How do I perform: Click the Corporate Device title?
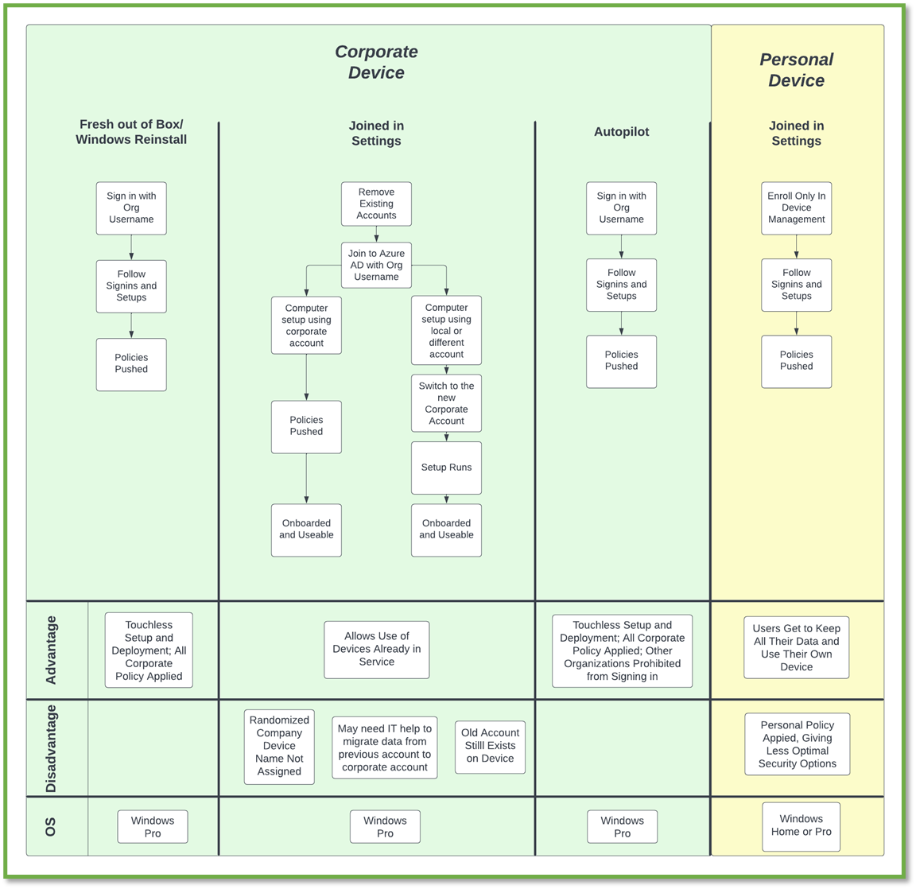[x=376, y=62]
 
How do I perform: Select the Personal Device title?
[x=796, y=70]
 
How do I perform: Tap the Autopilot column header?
[x=621, y=132]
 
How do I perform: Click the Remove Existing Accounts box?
[x=376, y=204]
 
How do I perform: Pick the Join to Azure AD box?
[x=376, y=265]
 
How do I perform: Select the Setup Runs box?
[x=446, y=468]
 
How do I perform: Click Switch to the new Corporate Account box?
[x=446, y=403]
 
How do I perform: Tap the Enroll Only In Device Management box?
[x=796, y=208]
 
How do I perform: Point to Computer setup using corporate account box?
[x=306, y=325]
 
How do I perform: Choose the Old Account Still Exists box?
[x=490, y=746]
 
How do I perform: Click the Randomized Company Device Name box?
[x=279, y=746]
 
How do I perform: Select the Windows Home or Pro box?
[x=801, y=825]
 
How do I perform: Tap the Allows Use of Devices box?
[x=376, y=649]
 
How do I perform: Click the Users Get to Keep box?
[x=796, y=647]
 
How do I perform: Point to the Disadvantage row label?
[x=52, y=748]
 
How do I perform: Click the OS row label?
[x=52, y=827]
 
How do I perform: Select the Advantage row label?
[x=52, y=650]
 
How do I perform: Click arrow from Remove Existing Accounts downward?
[x=376, y=234]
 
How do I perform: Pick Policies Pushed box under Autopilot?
[x=621, y=361]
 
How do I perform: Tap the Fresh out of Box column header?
[x=131, y=132]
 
